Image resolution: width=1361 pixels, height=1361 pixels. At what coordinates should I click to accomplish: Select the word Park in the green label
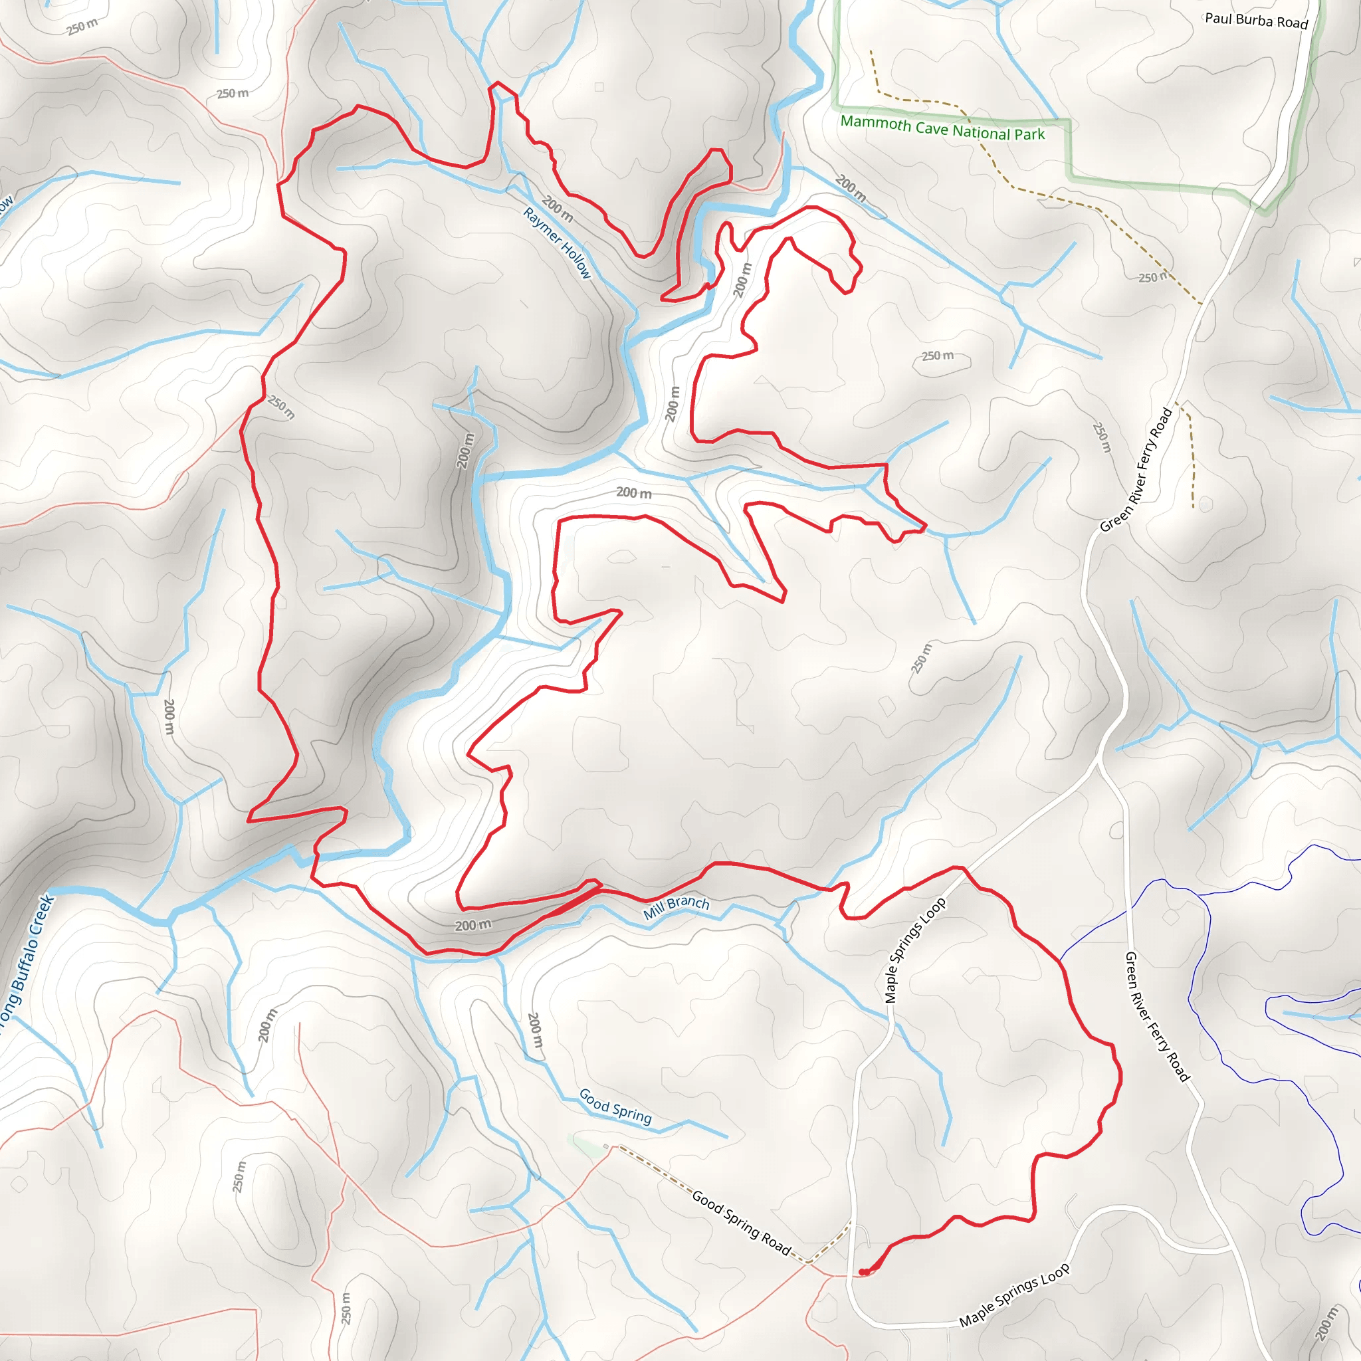1029,134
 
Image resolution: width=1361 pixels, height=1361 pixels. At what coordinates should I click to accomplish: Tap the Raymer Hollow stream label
557,243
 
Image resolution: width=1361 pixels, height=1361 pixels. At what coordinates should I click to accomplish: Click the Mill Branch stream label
677,906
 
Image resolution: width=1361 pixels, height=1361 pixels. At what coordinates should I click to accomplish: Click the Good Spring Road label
742,1221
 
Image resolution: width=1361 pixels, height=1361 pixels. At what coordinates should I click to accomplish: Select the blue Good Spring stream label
615,1105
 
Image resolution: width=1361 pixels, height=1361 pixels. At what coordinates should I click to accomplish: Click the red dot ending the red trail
862,1272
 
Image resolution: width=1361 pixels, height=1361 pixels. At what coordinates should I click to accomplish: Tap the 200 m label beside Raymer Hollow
557,209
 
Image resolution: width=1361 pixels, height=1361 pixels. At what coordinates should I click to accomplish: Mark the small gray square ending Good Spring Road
606,1147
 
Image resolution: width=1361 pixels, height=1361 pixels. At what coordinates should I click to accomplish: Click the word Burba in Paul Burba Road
1254,20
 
